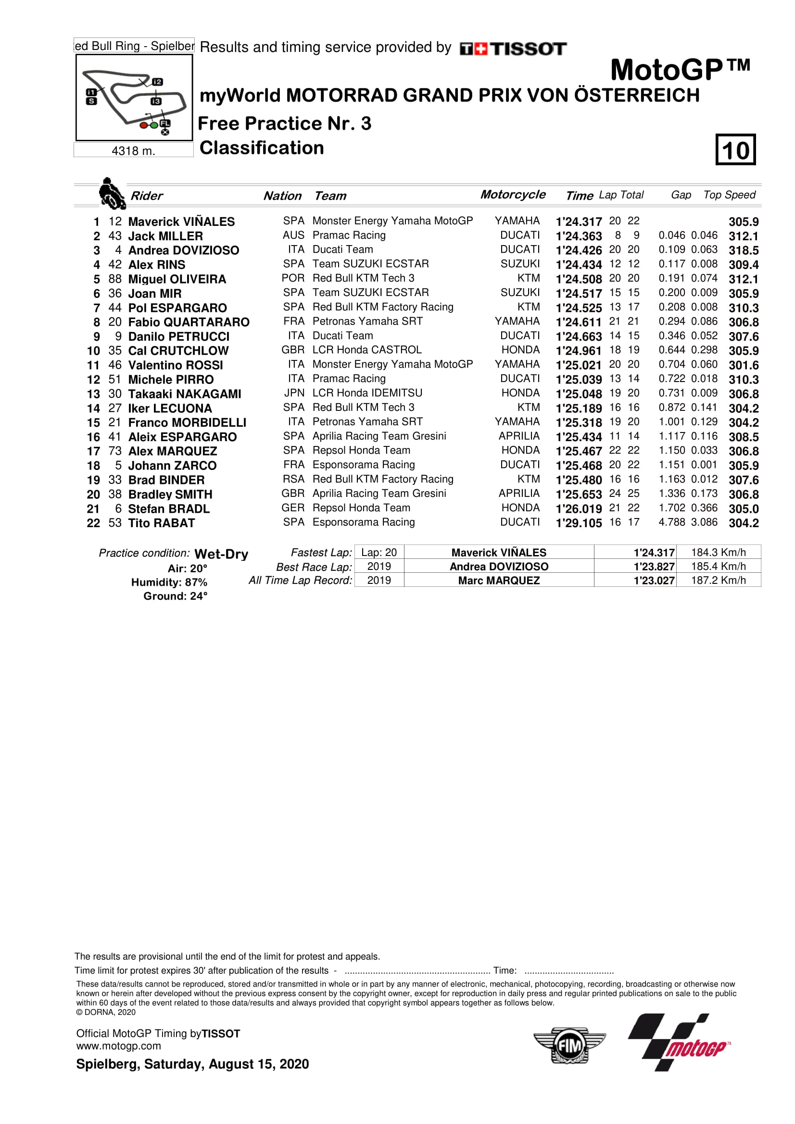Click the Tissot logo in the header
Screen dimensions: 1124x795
(x=513, y=49)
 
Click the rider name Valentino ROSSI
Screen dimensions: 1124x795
(x=176, y=365)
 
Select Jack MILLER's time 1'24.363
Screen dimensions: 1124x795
(x=579, y=236)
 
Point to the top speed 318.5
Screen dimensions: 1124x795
(x=743, y=250)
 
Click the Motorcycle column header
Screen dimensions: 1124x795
(x=512, y=195)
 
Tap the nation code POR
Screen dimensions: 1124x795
(x=293, y=278)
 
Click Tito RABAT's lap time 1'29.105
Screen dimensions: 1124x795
(x=579, y=523)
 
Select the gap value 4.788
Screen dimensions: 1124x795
(x=671, y=522)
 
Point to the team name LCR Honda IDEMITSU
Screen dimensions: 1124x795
(x=367, y=393)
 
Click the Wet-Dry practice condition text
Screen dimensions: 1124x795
(x=221, y=554)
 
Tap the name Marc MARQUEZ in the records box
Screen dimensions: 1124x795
(x=499, y=581)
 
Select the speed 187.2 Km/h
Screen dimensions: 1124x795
(x=718, y=581)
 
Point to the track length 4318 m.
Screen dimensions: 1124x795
(x=133, y=151)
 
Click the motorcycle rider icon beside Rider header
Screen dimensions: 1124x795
(x=112, y=194)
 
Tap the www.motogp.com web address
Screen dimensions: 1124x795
(x=118, y=1046)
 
